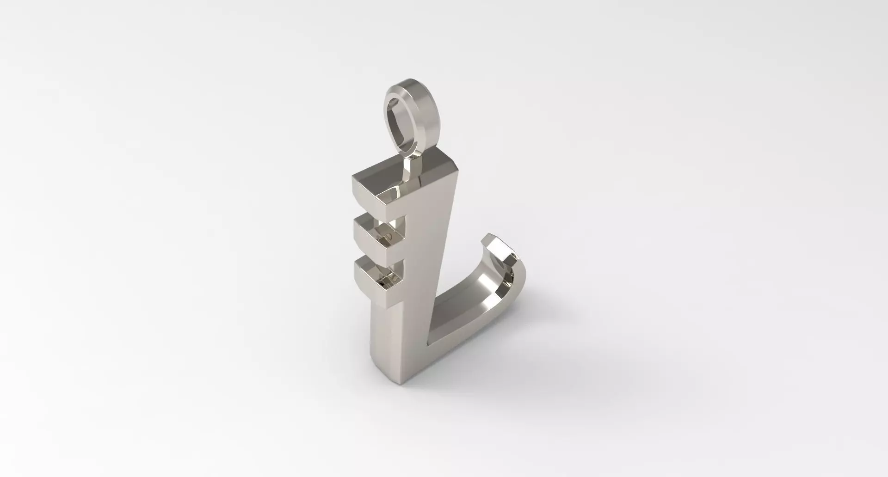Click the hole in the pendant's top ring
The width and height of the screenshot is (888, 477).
tap(400, 124)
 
